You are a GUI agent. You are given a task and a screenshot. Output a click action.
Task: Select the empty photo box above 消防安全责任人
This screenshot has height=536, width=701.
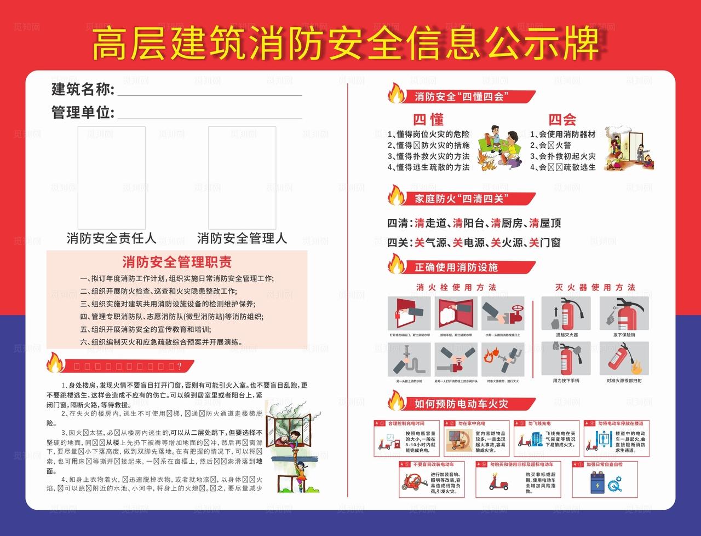click(111, 178)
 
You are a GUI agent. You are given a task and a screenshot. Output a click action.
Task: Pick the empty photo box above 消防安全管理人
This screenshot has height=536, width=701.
click(242, 178)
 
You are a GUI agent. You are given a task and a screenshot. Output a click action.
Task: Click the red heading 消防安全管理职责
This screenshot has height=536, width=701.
click(176, 261)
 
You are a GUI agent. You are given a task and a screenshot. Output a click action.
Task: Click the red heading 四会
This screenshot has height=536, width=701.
click(562, 119)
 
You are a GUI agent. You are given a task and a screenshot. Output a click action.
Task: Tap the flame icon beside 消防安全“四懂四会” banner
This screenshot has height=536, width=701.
click(396, 94)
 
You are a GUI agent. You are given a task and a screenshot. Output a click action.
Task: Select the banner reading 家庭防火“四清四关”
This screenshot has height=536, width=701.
click(463, 198)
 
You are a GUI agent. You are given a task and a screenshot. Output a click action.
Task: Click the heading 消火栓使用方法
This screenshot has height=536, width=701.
click(456, 287)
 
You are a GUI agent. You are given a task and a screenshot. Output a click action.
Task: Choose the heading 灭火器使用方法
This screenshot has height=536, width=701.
click(595, 287)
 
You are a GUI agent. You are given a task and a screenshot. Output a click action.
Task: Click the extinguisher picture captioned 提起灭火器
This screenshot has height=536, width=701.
click(566, 313)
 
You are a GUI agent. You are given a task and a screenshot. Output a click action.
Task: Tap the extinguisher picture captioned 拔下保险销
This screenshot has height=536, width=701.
click(624, 313)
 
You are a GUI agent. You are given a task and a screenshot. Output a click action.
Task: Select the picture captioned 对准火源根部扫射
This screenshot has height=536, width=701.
click(624, 359)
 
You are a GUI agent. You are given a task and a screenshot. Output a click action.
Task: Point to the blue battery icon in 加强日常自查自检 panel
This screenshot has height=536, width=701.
click(596, 483)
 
